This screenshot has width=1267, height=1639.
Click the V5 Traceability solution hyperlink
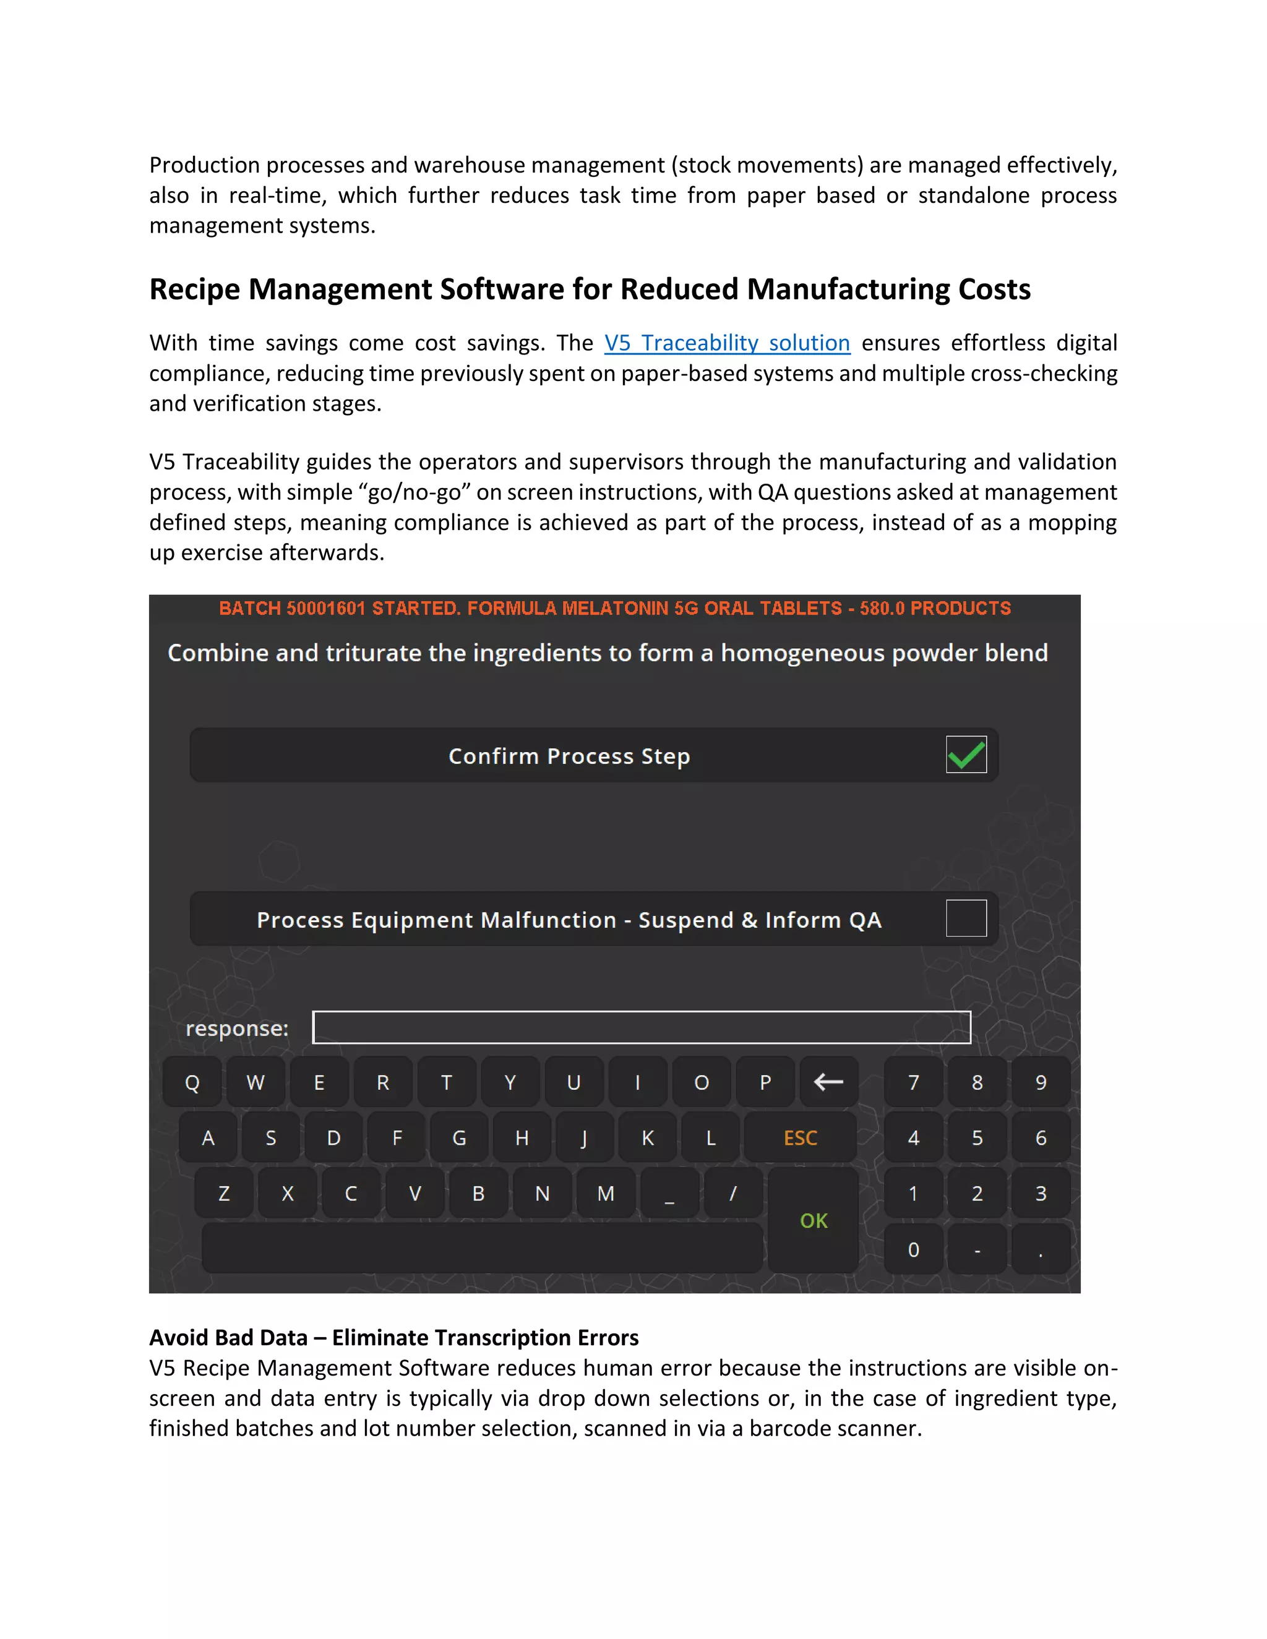pos(726,343)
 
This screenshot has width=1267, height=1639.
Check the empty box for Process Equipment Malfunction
pos(966,918)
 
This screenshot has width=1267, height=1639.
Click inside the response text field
pos(641,1027)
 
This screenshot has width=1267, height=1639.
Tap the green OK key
pos(813,1221)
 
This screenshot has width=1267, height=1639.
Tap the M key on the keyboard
pos(606,1193)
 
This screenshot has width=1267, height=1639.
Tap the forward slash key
pos(732,1193)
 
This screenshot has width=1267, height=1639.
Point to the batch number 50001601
pos(327,608)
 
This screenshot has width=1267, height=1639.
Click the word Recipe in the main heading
pos(194,289)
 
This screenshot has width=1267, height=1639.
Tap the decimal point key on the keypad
pos(1041,1249)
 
